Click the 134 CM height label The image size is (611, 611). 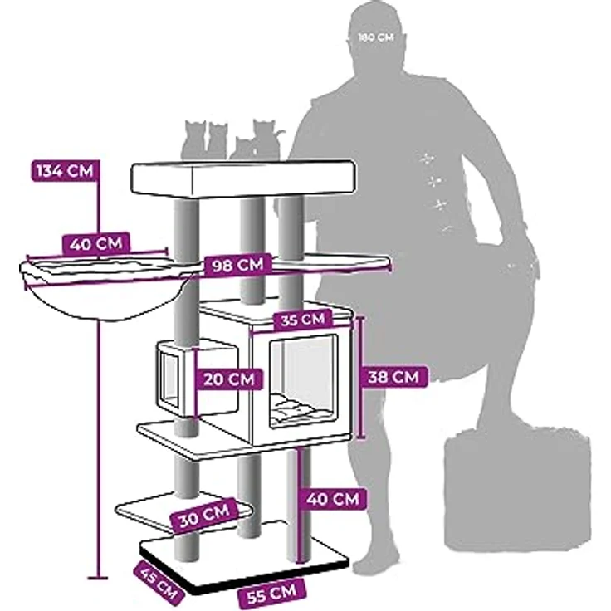65,171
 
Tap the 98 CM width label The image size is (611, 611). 237,266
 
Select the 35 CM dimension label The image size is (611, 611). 303,320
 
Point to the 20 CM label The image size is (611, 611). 229,379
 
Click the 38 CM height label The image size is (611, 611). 393,376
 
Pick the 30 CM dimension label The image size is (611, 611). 204,515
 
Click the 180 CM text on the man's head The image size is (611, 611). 376,37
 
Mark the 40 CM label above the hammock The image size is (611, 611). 95,244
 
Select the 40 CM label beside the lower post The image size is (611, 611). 332,498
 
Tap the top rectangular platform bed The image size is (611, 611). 244,178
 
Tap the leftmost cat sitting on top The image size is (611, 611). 194,139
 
